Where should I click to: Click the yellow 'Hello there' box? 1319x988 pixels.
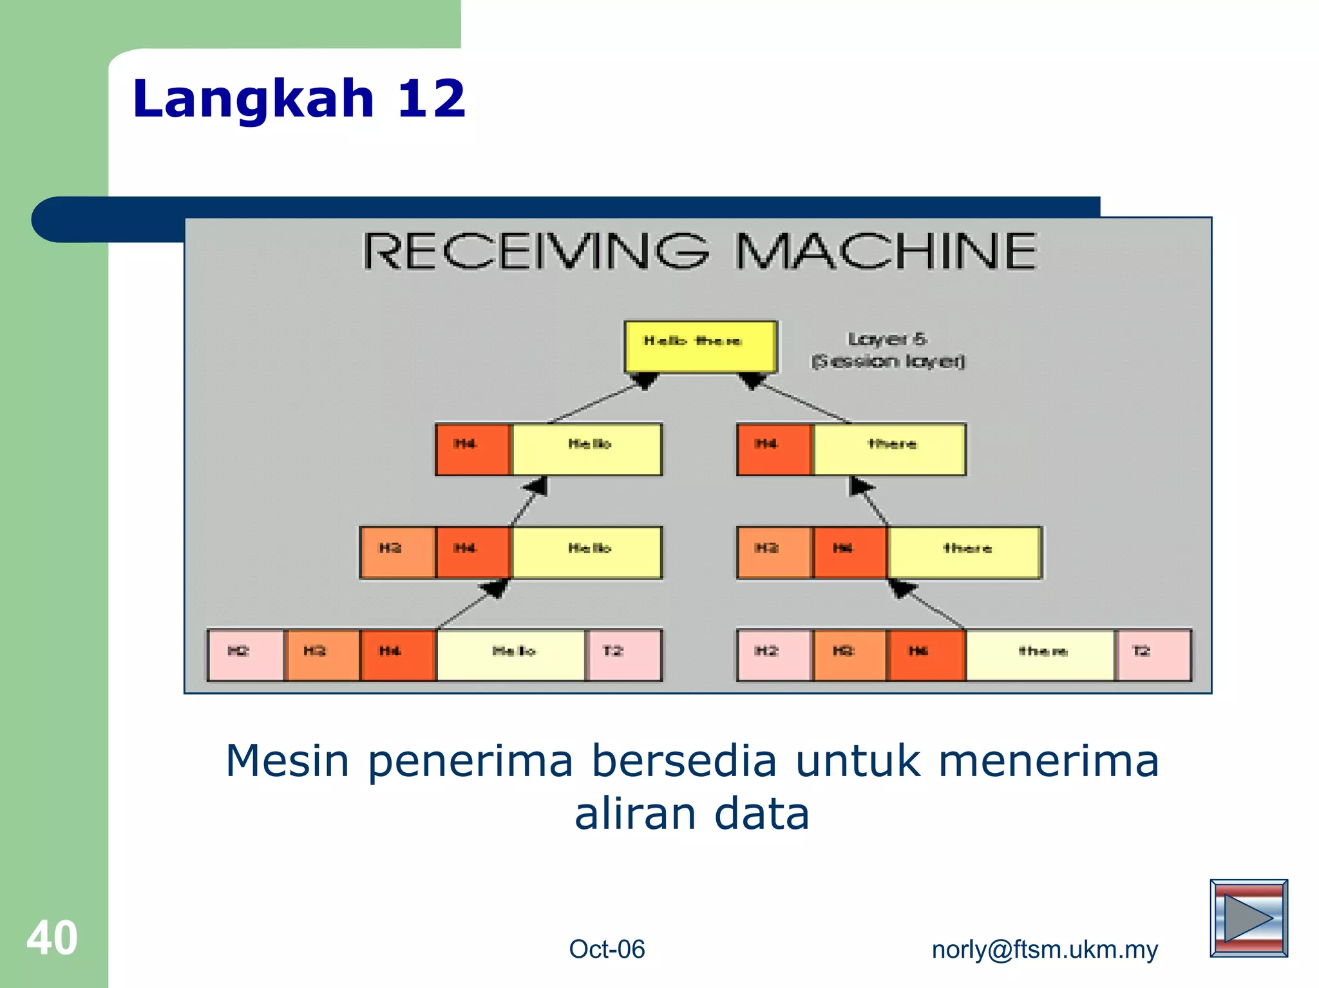[x=700, y=346]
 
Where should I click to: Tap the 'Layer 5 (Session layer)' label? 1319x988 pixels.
[x=887, y=350]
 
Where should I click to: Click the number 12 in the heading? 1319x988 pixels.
[x=431, y=99]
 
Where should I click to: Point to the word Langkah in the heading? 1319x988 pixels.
[x=253, y=99]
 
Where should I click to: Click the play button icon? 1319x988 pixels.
[x=1248, y=918]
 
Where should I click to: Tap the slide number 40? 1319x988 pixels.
[x=52, y=938]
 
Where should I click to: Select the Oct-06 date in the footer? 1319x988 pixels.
[x=607, y=949]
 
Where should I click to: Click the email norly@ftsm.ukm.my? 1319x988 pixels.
[x=1045, y=949]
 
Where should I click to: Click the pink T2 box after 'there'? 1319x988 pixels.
[x=1153, y=654]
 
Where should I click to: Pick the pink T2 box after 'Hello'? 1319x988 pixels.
[x=623, y=654]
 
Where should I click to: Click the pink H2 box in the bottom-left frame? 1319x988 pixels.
[x=245, y=654]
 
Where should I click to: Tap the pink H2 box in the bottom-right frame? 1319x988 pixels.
[x=774, y=654]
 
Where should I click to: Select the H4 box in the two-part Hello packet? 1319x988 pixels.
[x=473, y=449]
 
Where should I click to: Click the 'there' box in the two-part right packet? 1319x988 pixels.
[x=890, y=449]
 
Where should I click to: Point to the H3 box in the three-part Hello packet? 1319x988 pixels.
[x=397, y=553]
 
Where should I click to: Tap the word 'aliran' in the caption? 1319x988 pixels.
[x=635, y=813]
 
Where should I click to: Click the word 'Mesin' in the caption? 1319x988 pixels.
[x=287, y=761]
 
